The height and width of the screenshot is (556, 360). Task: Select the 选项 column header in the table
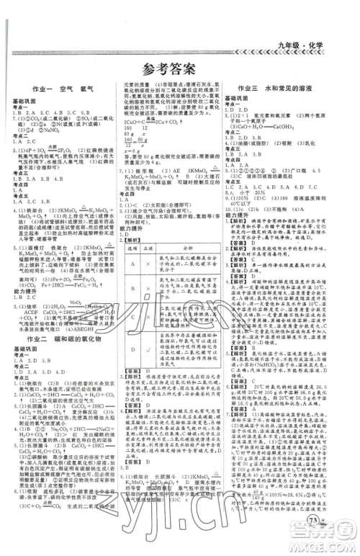click(131, 247)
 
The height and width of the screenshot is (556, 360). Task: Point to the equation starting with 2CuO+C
click(150, 122)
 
